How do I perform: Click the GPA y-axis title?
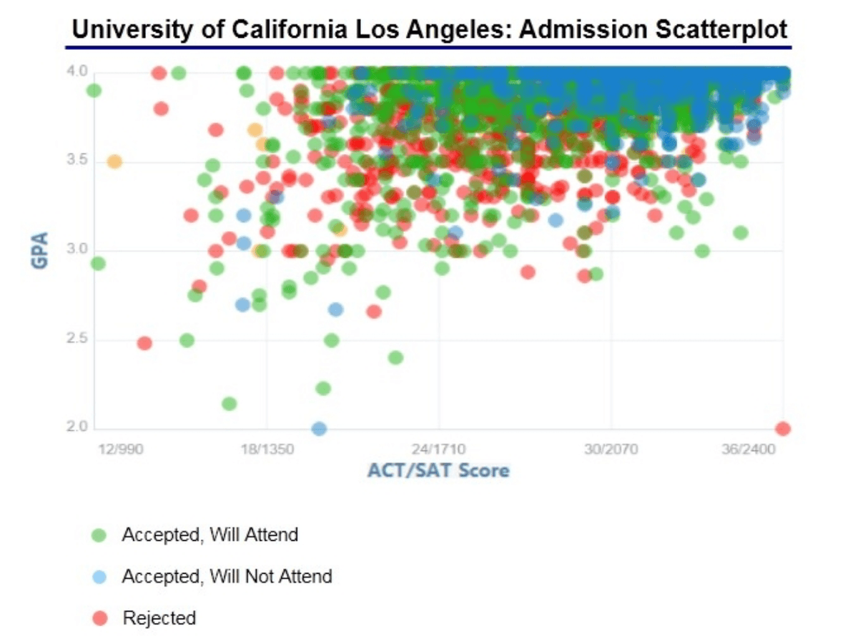tap(40, 250)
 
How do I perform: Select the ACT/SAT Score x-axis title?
tap(438, 470)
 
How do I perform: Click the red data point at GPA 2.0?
tap(783, 429)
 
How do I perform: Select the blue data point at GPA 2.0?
tap(320, 429)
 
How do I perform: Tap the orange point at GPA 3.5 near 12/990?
tap(114, 162)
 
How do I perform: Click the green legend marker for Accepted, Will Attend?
tap(100, 535)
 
